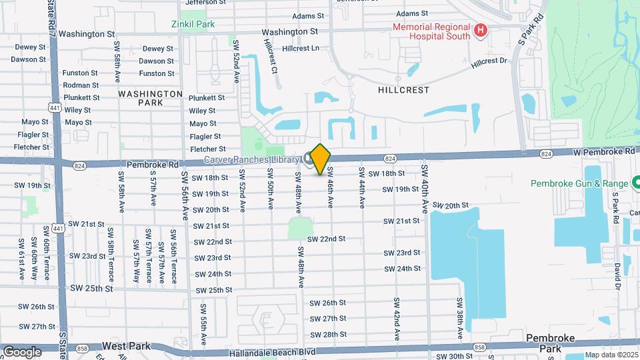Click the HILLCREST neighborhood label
point(403,89)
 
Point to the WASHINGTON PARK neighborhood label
point(151,99)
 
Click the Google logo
point(22,351)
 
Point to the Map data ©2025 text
point(612,355)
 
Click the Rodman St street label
point(81,85)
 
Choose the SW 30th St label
point(450,357)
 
